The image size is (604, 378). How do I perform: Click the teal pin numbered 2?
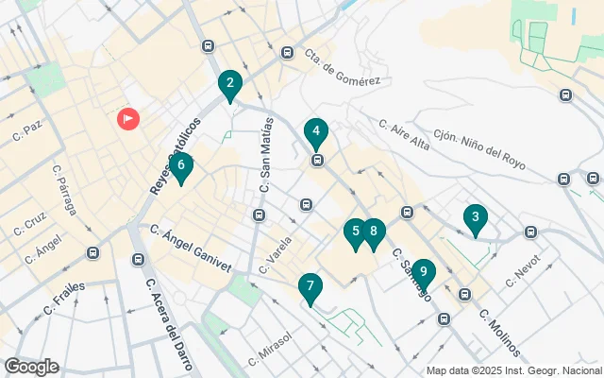point(228,84)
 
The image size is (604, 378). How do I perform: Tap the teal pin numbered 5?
point(355,232)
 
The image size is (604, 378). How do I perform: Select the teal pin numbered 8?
point(374,232)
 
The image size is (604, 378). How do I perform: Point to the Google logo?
point(31,367)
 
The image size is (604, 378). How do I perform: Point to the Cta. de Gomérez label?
point(343,68)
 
